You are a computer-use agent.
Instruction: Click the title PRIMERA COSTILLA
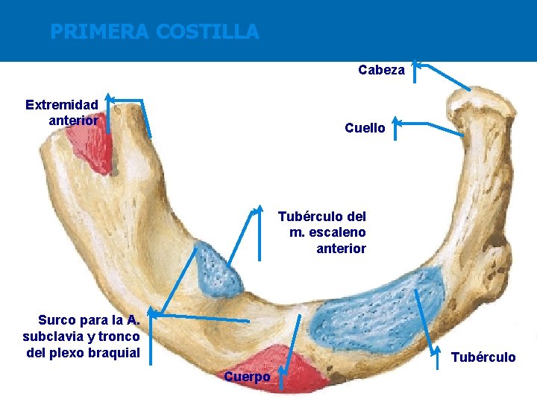pyautogui.click(x=154, y=32)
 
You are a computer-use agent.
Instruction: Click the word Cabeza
pyautogui.click(x=381, y=70)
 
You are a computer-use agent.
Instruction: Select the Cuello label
pyautogui.click(x=365, y=128)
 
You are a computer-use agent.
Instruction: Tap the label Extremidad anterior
pyautogui.click(x=62, y=112)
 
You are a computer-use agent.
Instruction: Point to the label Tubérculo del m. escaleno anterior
pyautogui.click(x=322, y=232)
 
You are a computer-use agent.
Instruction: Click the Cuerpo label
pyautogui.click(x=247, y=377)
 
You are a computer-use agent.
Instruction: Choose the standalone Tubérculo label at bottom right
pyautogui.click(x=483, y=357)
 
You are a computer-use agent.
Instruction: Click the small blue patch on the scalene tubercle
pyautogui.click(x=218, y=270)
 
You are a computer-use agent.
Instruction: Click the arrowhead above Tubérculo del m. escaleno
pyautogui.click(x=260, y=209)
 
